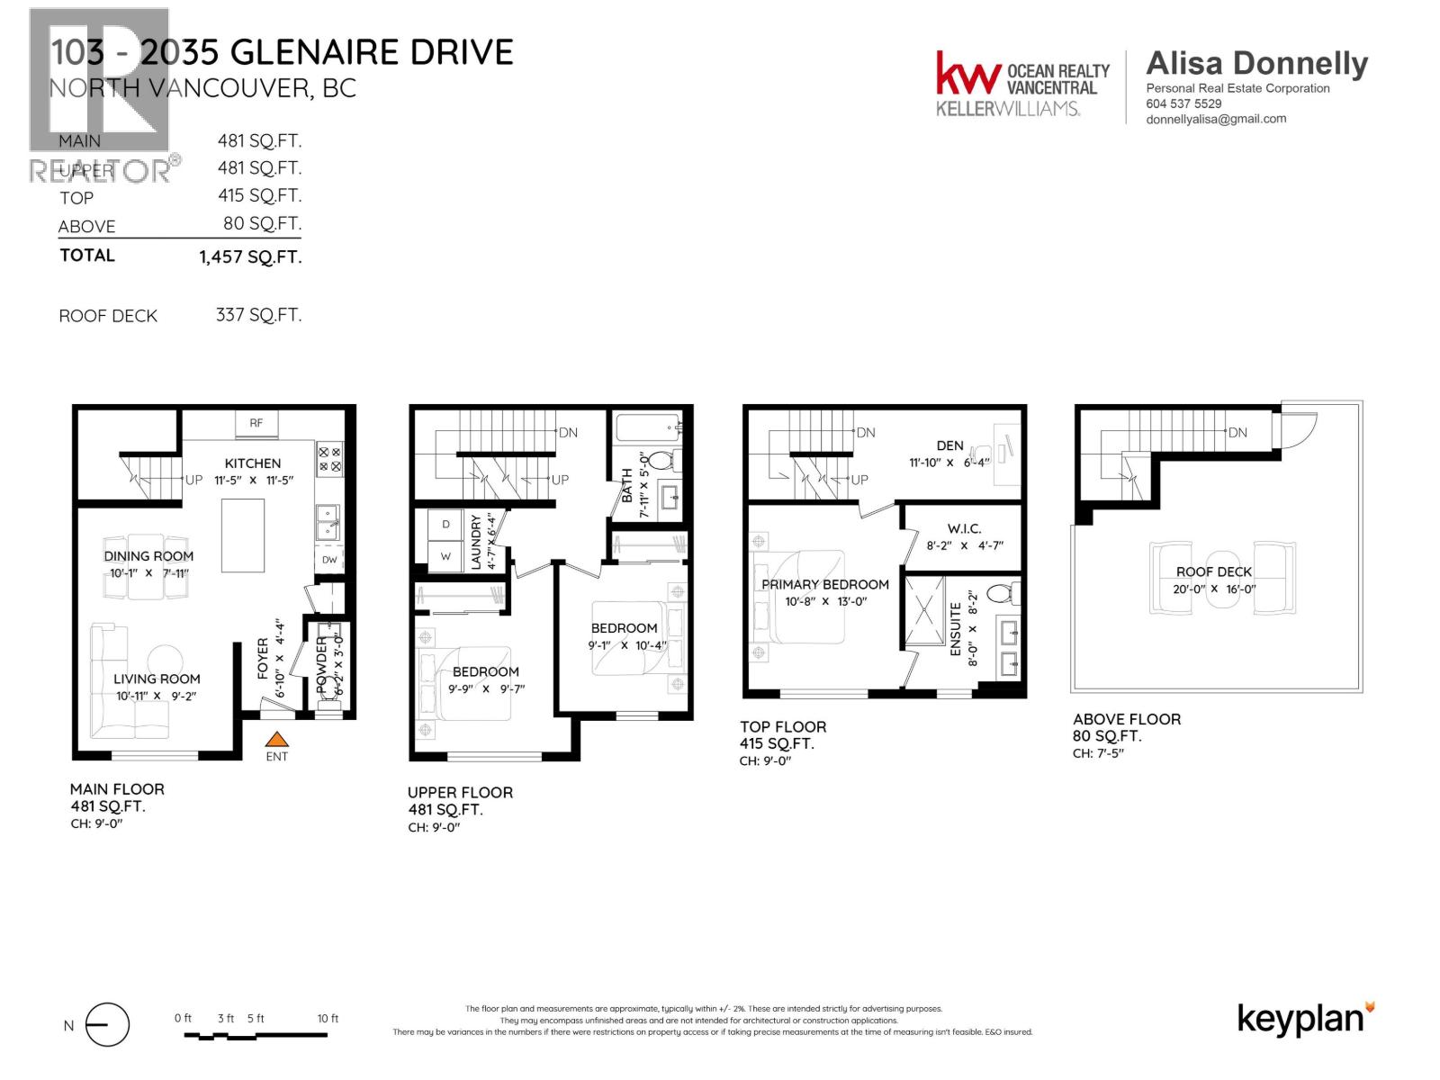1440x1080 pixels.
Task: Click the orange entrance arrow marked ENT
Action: click(x=277, y=740)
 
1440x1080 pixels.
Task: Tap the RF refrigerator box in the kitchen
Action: click(x=256, y=423)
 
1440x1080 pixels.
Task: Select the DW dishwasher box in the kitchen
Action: click(x=329, y=560)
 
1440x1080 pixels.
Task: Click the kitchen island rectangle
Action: click(x=243, y=535)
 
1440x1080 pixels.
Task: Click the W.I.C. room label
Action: click(x=964, y=528)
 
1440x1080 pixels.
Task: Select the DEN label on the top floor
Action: click(x=949, y=445)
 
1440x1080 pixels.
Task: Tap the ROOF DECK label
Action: click(x=1214, y=571)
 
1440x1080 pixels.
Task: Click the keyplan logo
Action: click(x=1305, y=1019)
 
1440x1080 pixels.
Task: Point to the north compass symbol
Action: click(x=107, y=1025)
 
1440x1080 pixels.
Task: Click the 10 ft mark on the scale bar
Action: click(x=328, y=1019)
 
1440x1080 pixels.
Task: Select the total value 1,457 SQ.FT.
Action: click(x=250, y=256)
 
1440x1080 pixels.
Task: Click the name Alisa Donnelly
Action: click(x=1256, y=63)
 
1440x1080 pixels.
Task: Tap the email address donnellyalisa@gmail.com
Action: click(x=1216, y=119)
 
